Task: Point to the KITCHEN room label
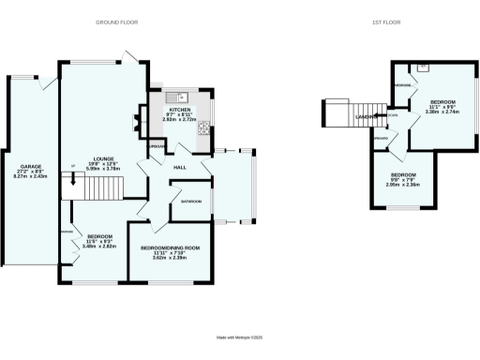(179, 109)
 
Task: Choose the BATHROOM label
(193, 201)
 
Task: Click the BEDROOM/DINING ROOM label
(175, 247)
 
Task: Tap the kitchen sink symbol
(178, 97)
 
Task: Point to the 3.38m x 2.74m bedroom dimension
(443, 111)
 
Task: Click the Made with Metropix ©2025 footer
(240, 337)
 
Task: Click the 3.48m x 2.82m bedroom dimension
(100, 246)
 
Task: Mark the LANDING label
(367, 116)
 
